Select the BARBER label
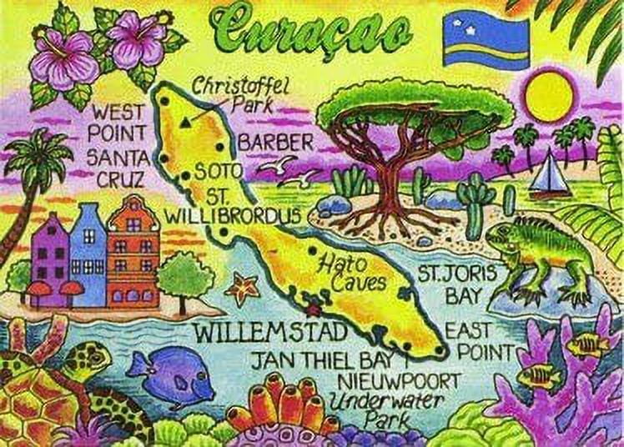(x=276, y=142)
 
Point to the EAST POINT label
(x=468, y=339)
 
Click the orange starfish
(x=244, y=288)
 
